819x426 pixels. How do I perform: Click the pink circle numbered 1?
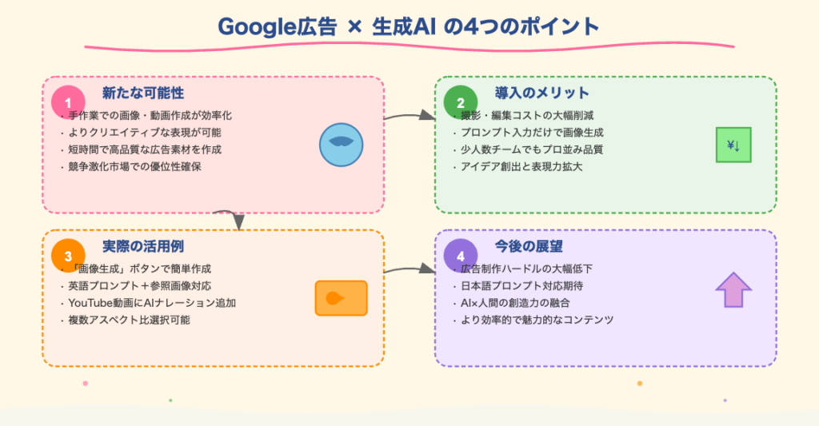click(x=68, y=102)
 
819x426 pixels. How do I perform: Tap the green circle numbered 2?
click(x=460, y=102)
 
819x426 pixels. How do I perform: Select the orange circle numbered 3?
click(x=68, y=256)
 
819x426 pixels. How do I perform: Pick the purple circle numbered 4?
click(x=460, y=256)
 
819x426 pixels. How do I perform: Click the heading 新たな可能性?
click(x=143, y=93)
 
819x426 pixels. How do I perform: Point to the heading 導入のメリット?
click(x=541, y=93)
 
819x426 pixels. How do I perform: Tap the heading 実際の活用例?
click(x=143, y=246)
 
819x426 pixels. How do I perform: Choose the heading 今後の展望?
click(x=529, y=246)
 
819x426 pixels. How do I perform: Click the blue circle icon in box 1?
click(x=341, y=145)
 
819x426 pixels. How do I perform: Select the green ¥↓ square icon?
click(x=733, y=145)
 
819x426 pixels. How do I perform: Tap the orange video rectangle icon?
click(x=341, y=298)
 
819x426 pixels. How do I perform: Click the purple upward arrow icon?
click(x=733, y=290)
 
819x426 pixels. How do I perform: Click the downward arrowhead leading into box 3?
click(x=238, y=222)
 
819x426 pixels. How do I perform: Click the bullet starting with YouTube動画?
click(x=152, y=303)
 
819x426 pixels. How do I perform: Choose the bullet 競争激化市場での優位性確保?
click(x=134, y=166)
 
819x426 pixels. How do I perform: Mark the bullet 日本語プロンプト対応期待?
click(x=521, y=285)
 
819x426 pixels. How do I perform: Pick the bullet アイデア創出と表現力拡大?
click(x=521, y=166)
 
